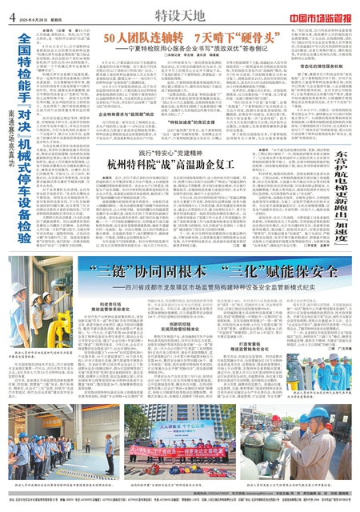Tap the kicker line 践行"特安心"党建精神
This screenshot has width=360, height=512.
tap(182, 197)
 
